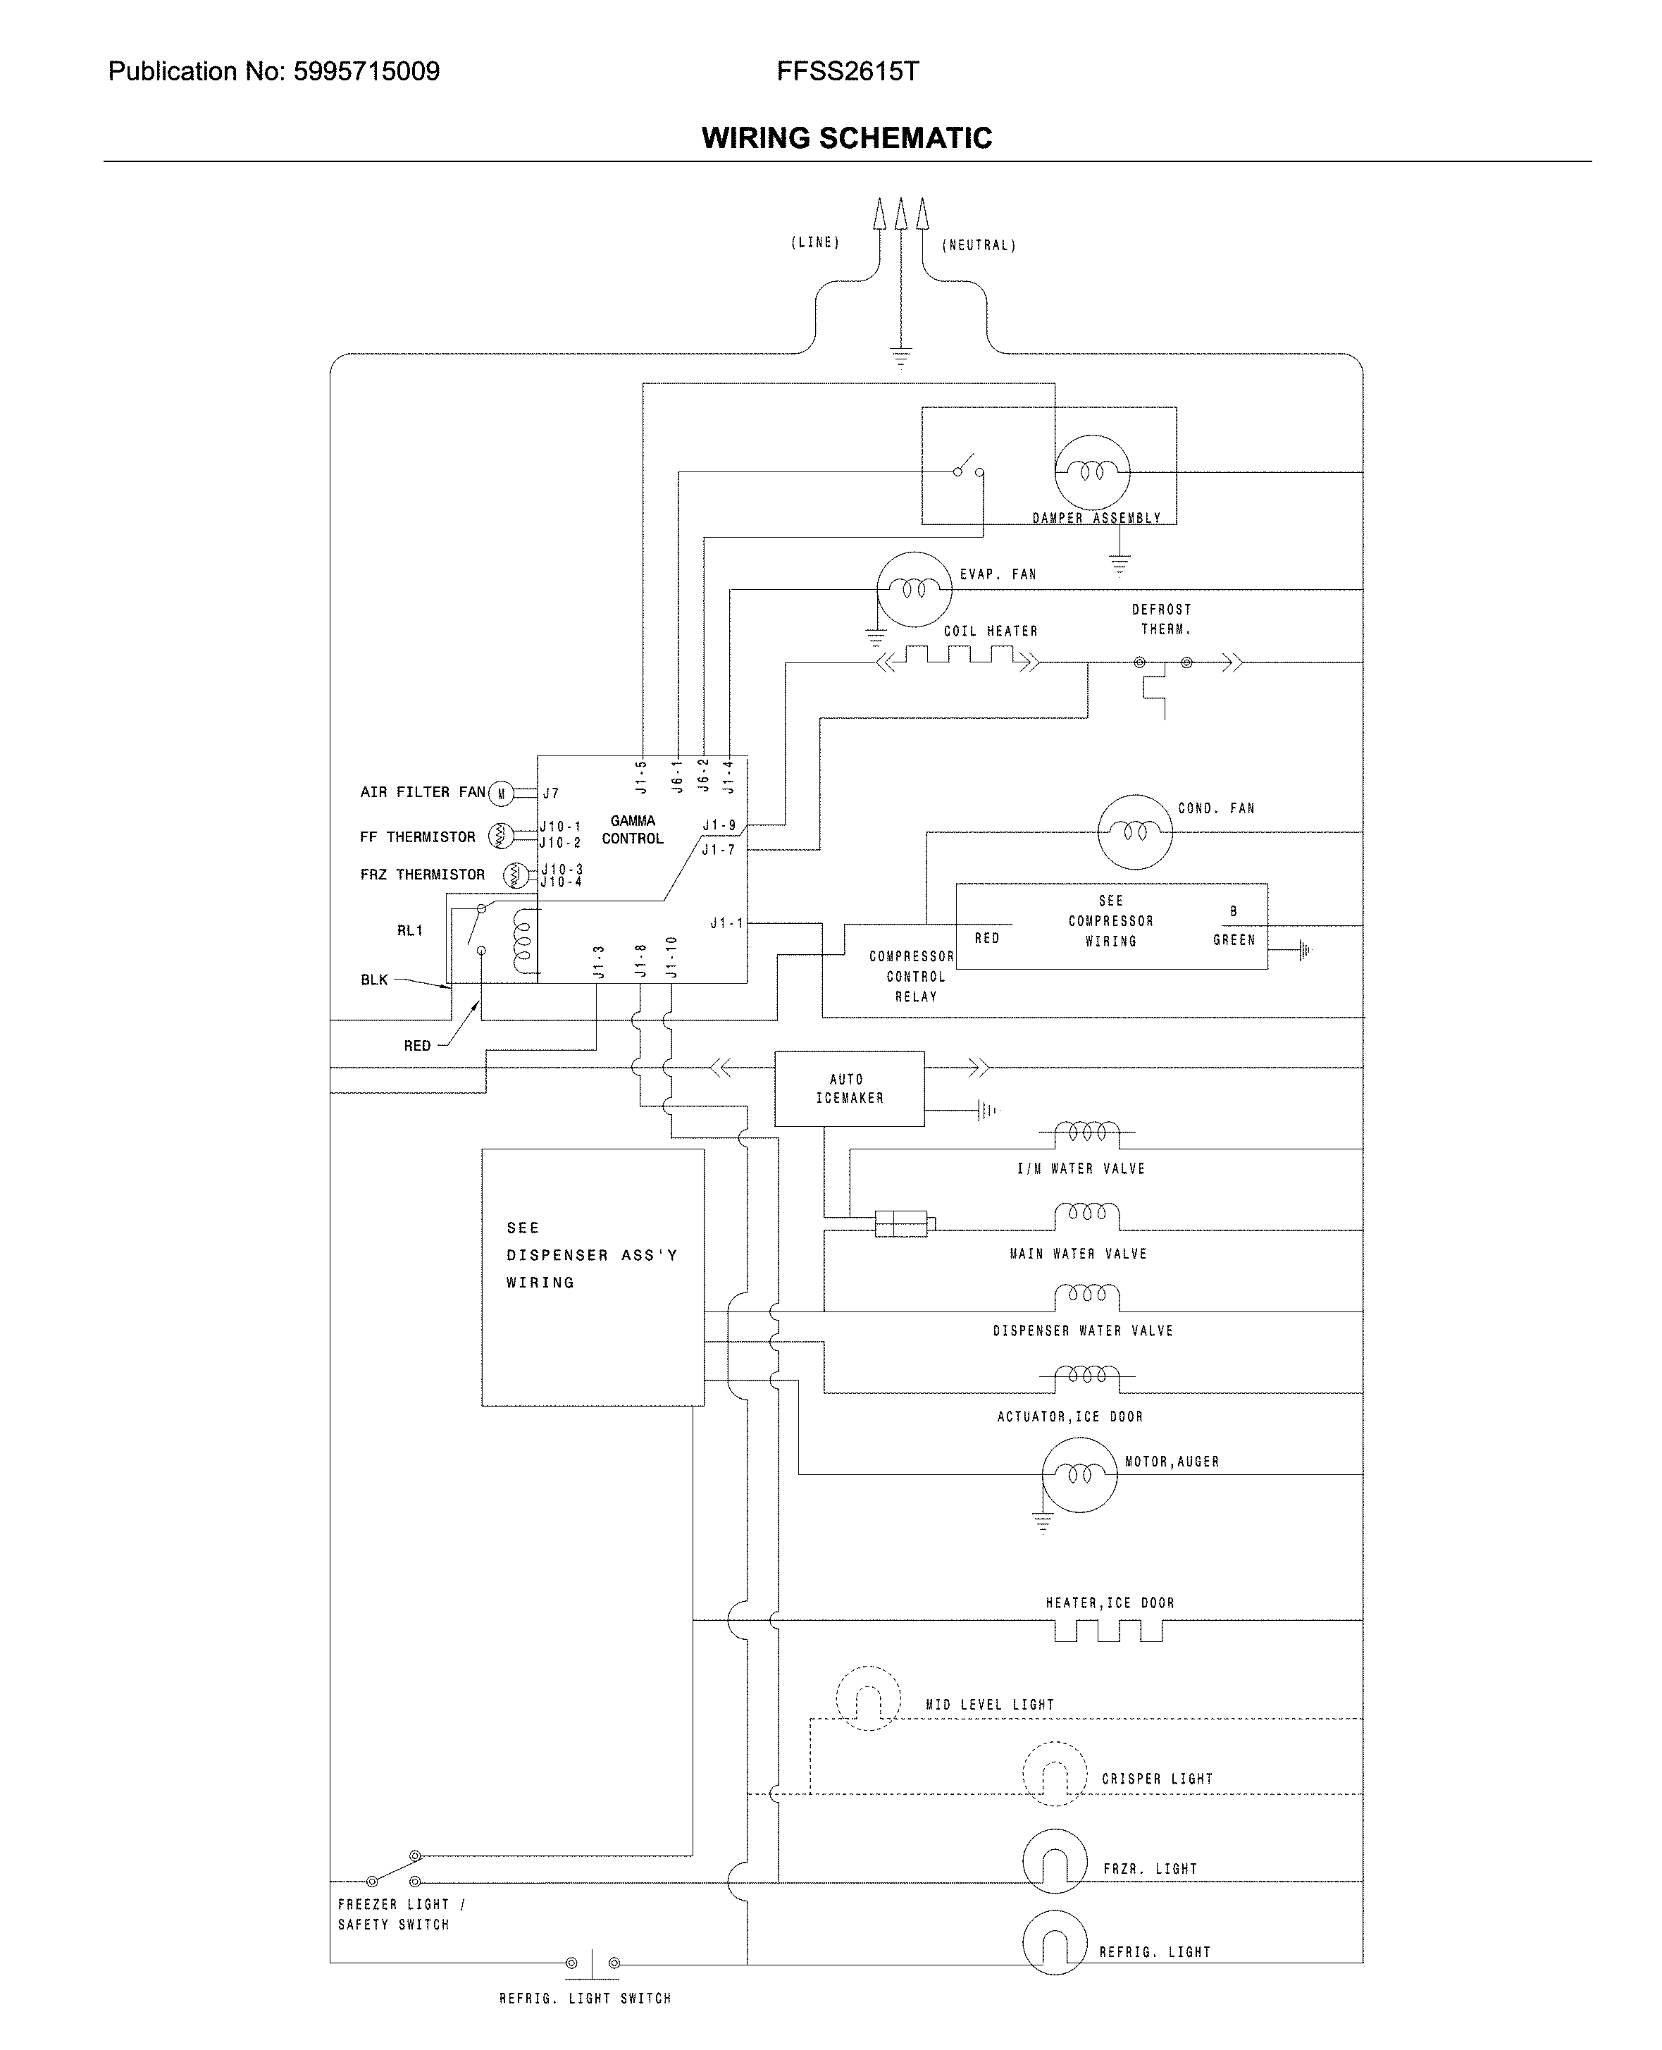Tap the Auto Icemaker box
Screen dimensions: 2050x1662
tap(849, 1089)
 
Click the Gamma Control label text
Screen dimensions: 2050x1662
tap(632, 829)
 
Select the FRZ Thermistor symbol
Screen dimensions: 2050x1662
tap(515, 875)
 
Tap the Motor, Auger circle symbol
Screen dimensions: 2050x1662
tap(1079, 1474)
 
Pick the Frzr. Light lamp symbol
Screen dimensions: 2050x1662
tap(1055, 1860)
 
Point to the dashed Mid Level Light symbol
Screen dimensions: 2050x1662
tap(868, 1698)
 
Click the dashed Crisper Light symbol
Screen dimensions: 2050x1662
tap(1055, 1774)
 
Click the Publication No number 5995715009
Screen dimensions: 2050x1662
tap(366, 72)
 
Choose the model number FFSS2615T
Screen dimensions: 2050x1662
tap(848, 72)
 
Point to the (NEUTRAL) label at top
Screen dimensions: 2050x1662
tap(979, 245)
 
